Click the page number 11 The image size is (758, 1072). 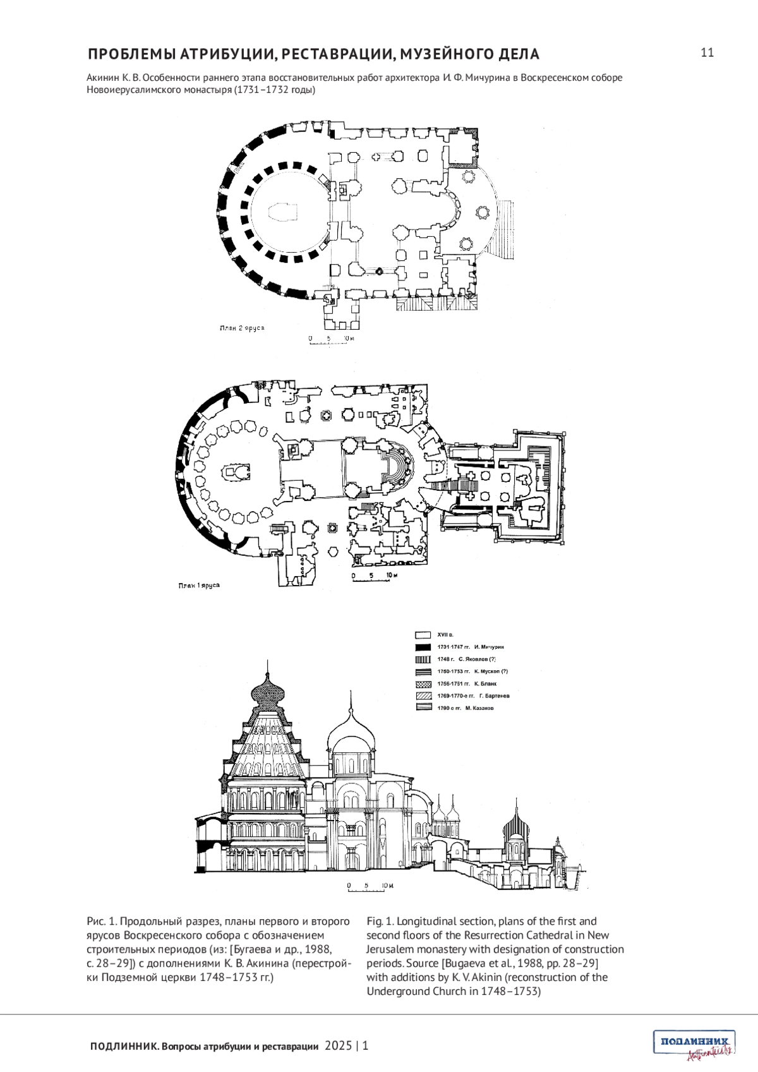[x=707, y=52]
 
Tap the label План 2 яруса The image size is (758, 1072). [x=241, y=328]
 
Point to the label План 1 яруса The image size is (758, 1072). [x=199, y=586]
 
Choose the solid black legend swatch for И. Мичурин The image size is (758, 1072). [x=423, y=647]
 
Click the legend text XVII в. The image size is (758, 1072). [x=446, y=634]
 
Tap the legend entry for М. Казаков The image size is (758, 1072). [x=479, y=708]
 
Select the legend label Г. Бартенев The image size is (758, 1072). [x=494, y=696]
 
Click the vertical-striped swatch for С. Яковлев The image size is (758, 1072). [x=423, y=659]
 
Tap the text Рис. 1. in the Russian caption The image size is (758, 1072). [x=101, y=922]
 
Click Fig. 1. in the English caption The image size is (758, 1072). [x=380, y=922]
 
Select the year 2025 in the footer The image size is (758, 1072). [x=339, y=1046]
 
